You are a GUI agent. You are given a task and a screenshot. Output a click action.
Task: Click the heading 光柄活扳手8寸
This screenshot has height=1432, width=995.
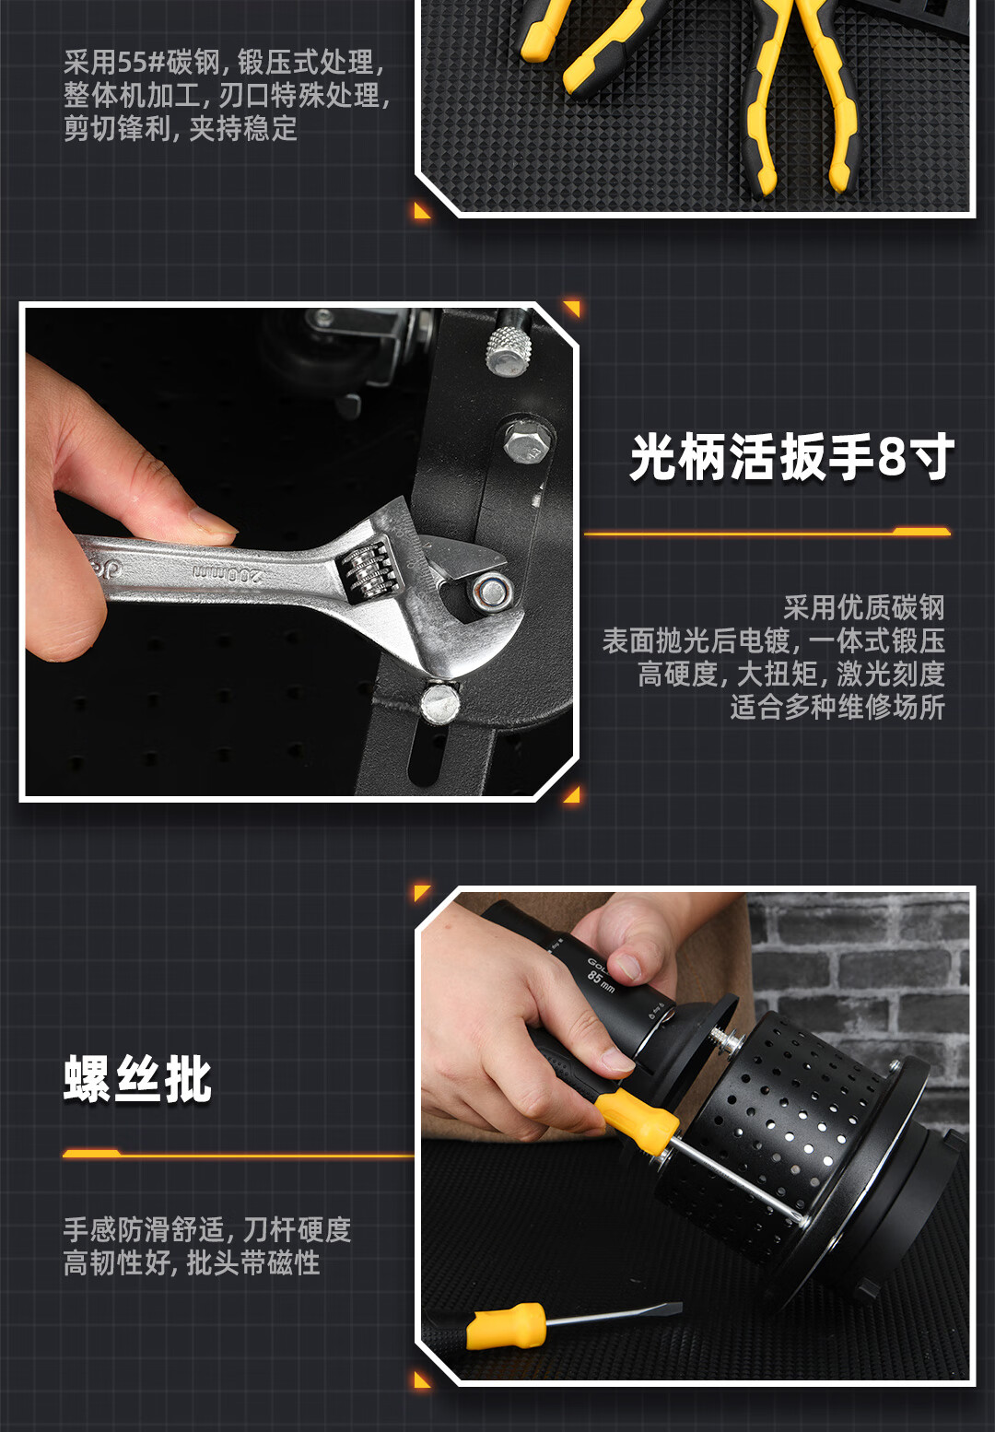pyautogui.click(x=791, y=457)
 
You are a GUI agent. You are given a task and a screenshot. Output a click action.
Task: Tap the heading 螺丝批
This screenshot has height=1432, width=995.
pyautogui.click(x=137, y=1080)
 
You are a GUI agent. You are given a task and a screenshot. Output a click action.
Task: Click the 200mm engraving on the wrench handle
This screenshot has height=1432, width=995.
pyautogui.click(x=228, y=573)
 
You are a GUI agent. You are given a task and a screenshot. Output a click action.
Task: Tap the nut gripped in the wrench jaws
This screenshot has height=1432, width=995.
pyautogui.click(x=491, y=592)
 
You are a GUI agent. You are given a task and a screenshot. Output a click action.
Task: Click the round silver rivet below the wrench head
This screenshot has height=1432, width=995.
pyautogui.click(x=439, y=703)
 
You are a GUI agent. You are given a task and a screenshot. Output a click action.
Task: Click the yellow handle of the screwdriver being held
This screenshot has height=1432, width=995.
pyautogui.click(x=637, y=1124)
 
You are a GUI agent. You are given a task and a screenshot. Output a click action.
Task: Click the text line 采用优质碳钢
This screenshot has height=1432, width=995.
pyautogui.click(x=864, y=607)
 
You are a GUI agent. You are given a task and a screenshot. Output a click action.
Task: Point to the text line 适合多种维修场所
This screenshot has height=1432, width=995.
pyautogui.click(x=837, y=708)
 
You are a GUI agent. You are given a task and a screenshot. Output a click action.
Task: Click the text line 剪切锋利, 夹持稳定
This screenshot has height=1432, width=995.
pyautogui.click(x=181, y=128)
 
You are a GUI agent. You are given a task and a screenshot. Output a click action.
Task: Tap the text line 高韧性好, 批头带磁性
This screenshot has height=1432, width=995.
pyautogui.click(x=191, y=1263)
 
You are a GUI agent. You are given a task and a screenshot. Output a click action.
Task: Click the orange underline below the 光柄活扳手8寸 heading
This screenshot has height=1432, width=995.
pyautogui.click(x=767, y=532)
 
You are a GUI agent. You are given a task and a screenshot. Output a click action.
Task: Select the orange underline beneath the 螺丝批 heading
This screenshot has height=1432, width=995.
pyautogui.click(x=238, y=1154)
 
